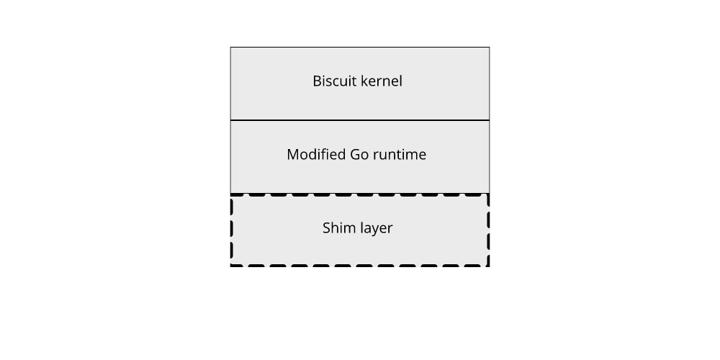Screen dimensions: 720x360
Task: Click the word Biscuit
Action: (333, 81)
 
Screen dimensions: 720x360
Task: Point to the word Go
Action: (359, 154)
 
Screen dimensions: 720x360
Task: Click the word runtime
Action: (399, 154)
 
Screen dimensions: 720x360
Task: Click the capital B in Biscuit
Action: (317, 81)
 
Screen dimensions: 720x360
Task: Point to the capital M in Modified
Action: (292, 154)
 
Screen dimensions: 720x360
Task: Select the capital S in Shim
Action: (326, 228)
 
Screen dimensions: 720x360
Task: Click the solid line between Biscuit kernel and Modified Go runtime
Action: (360, 120)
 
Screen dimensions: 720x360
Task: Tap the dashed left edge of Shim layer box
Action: (231, 229)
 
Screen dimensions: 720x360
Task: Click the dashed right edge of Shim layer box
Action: (489, 229)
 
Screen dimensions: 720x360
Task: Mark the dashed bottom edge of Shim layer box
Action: (360, 266)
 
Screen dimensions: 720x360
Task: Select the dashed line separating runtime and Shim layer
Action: (360, 194)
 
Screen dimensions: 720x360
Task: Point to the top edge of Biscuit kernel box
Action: (360, 48)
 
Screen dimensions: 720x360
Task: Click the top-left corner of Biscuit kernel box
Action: (231, 48)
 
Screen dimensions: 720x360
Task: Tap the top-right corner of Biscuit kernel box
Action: (489, 48)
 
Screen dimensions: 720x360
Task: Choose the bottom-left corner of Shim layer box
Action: (231, 266)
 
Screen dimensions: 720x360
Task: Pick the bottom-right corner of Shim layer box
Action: (489, 266)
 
